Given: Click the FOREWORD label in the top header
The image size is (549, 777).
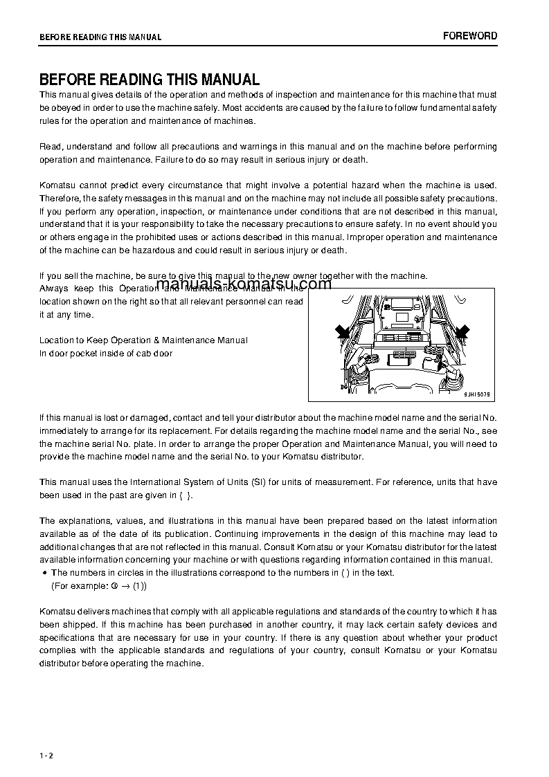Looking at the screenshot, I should pyautogui.click(x=470, y=36).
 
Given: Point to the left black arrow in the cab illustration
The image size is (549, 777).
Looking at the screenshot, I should pyautogui.click(x=343, y=333).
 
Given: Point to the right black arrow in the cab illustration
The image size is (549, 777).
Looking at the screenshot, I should pyautogui.click(x=461, y=332).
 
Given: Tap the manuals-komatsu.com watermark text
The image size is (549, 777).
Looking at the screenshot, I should pyautogui.click(x=234, y=284).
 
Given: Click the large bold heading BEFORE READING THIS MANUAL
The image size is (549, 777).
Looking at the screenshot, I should pyautogui.click(x=150, y=80).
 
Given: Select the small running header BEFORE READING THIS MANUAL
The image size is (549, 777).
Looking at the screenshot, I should pyautogui.click(x=100, y=37).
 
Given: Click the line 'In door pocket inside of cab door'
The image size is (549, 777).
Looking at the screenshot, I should pyautogui.click(x=106, y=353).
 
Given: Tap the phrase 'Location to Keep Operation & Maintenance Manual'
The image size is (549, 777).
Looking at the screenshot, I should pyautogui.click(x=143, y=340).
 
